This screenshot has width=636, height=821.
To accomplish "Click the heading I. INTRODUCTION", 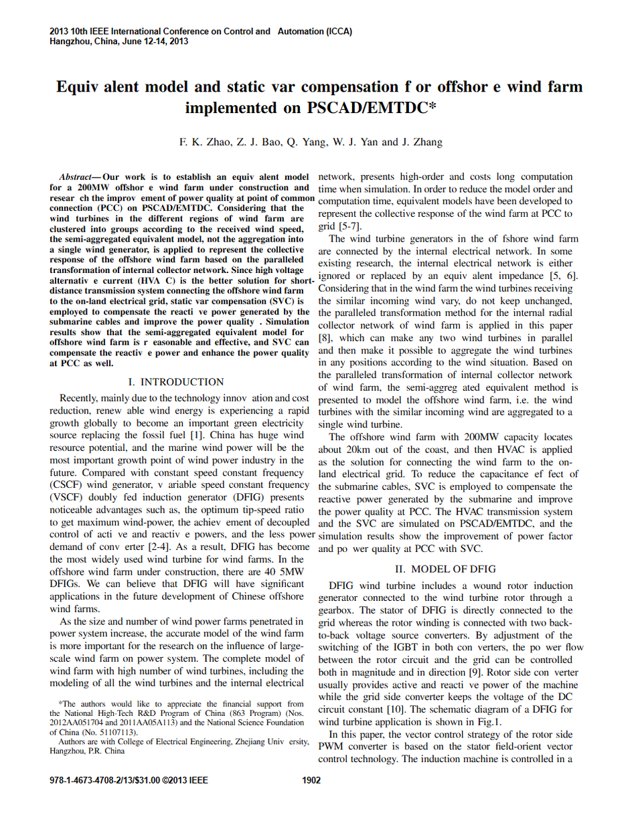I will tap(176, 382).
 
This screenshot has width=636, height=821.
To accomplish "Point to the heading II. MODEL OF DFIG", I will tap(445, 569).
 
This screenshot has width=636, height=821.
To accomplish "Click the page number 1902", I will tap(312, 780).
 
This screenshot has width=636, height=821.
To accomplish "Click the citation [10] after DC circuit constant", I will tap(397, 709).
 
